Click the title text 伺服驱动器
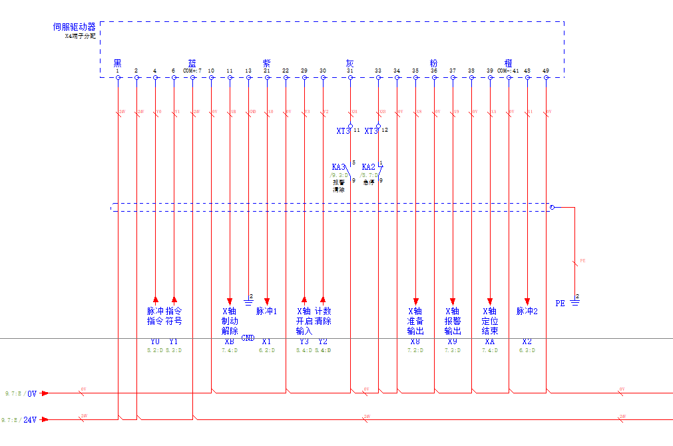coord(74,27)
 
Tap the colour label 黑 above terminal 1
coord(117,63)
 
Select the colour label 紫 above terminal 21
coord(266,63)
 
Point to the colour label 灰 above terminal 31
coord(349,63)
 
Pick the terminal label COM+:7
coord(192,71)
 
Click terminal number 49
coord(546,71)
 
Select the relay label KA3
coord(339,167)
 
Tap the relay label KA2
coord(369,167)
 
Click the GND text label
coord(248,338)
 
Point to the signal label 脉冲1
coord(266,311)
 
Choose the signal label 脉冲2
coord(527,311)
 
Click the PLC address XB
coord(229,341)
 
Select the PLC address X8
coord(415,341)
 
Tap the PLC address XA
coord(489,341)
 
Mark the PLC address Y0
coord(155,341)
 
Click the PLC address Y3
coord(304,341)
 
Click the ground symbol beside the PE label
coord(574,302)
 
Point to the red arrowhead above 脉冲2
coord(527,300)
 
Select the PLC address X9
coord(453,341)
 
